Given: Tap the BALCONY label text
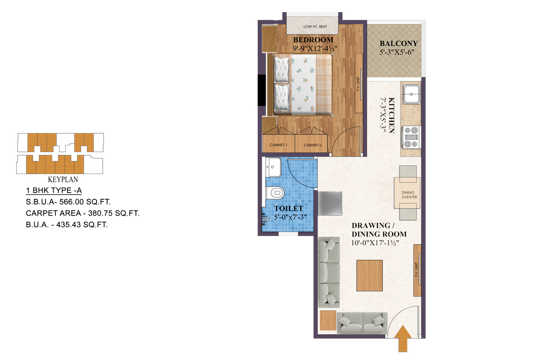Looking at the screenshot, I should click(x=399, y=44).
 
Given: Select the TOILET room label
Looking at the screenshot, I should click(x=289, y=209).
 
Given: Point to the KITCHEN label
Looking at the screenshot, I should click(x=391, y=115).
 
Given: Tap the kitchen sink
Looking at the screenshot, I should click(x=412, y=95).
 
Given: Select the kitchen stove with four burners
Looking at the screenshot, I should click(x=411, y=137).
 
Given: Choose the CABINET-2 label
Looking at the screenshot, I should click(x=313, y=145).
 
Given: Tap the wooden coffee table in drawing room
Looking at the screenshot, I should click(x=369, y=275).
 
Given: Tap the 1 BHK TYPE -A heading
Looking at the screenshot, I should click(x=54, y=190).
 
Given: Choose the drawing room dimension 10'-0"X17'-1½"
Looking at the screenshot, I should click(x=376, y=243).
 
